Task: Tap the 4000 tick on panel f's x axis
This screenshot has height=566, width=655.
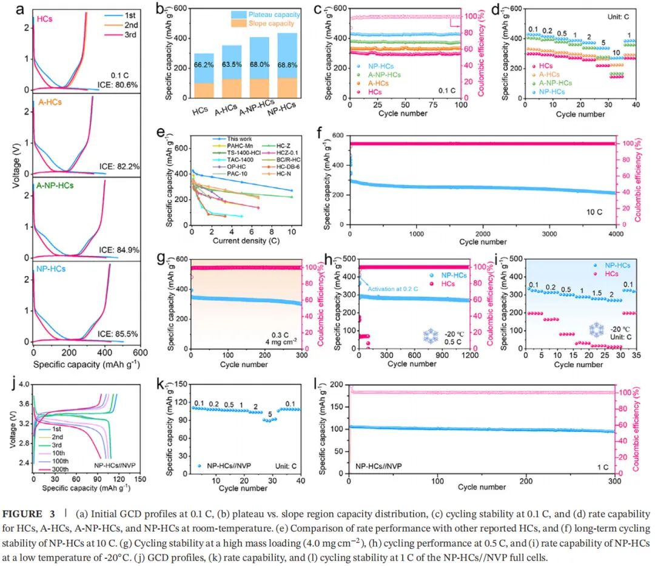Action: (615, 234)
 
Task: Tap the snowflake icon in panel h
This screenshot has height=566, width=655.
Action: (430, 335)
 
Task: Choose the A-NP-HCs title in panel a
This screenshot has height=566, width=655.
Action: (52, 187)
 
